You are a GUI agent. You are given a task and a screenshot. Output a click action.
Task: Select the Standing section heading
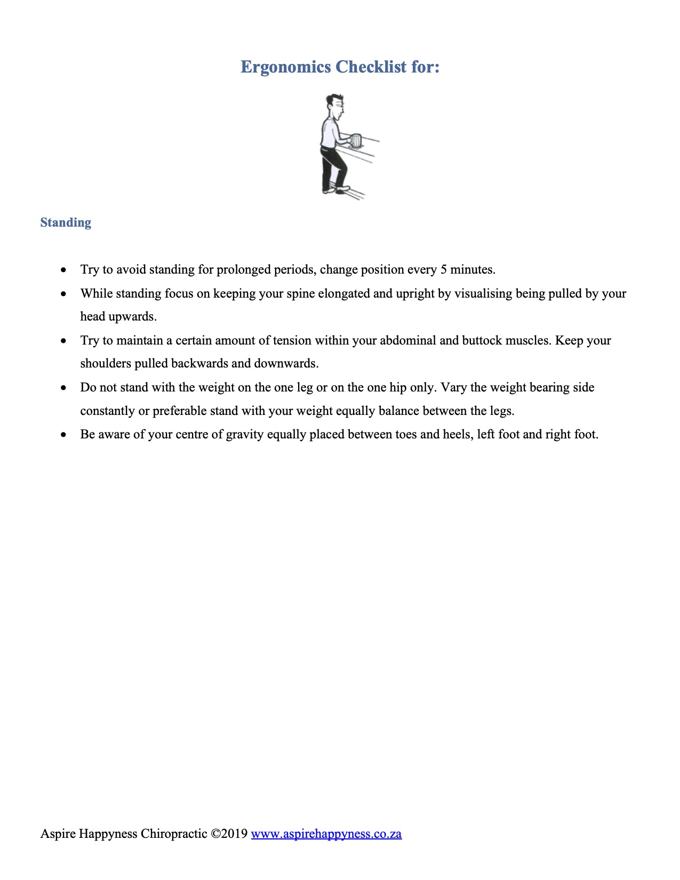[x=66, y=222]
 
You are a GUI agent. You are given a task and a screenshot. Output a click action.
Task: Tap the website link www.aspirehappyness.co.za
[x=326, y=834]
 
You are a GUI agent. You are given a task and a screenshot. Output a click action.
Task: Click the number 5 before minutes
[x=443, y=269]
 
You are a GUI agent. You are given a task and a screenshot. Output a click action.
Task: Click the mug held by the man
[x=356, y=140]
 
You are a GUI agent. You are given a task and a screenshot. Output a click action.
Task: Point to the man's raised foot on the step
[x=342, y=188]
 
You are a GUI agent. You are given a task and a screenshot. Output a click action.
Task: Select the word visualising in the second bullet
[x=483, y=293]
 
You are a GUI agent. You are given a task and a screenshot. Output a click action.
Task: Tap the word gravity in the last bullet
[x=245, y=434]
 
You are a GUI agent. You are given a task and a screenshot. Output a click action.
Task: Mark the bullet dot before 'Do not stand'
[x=64, y=388]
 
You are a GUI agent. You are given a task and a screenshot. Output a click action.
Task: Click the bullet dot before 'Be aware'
[x=64, y=435]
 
